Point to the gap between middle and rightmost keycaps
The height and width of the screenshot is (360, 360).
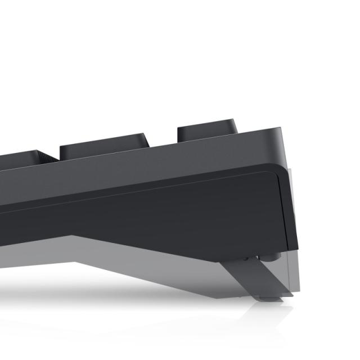point(162,140)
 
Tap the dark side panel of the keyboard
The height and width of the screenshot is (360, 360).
point(169,214)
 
